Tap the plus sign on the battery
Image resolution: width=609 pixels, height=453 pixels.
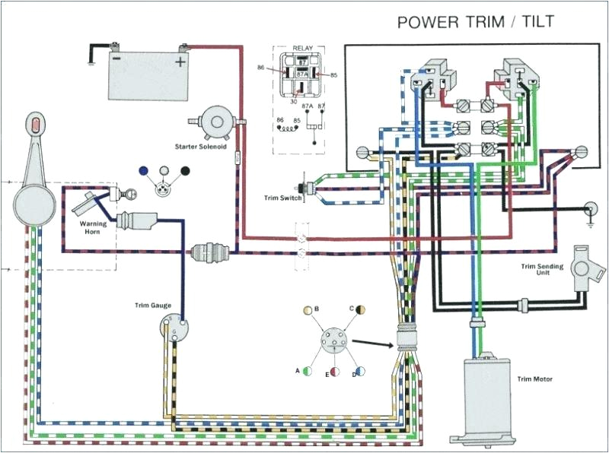pyautogui.click(x=180, y=60)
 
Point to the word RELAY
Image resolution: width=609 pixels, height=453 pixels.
pyautogui.click(x=302, y=49)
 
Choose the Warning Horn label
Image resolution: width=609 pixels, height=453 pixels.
pyautogui.click(x=93, y=228)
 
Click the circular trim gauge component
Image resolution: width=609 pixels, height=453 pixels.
pyautogui.click(x=174, y=329)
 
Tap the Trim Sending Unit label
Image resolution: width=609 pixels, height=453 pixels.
pyautogui.click(x=541, y=271)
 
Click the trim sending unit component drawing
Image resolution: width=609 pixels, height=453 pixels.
pyautogui.click(x=585, y=262)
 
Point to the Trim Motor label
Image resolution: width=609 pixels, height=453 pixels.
pyautogui.click(x=534, y=379)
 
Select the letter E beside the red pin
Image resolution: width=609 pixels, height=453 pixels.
pyautogui.click(x=327, y=375)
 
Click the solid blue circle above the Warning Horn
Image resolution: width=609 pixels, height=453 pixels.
pyautogui.click(x=144, y=171)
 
